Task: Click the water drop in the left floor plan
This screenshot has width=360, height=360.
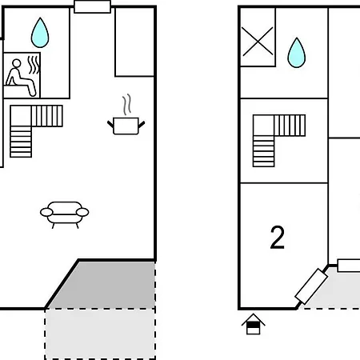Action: (40, 33)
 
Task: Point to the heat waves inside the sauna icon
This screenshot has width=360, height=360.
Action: (34, 65)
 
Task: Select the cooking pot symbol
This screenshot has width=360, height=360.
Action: (126, 126)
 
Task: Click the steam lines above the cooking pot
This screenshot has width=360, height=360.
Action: (127, 104)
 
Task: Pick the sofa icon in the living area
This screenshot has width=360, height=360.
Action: (65, 214)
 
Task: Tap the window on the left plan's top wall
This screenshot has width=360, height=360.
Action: (92, 6)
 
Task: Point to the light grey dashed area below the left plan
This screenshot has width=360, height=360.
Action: (100, 334)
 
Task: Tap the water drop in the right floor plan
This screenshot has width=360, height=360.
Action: (297, 53)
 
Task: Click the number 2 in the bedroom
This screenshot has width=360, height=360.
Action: (278, 238)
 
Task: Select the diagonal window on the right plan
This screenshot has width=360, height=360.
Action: (311, 286)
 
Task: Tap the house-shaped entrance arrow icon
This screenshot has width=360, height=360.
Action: (253, 324)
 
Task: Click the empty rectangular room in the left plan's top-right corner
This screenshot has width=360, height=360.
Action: (134, 42)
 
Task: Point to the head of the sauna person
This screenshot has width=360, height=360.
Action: (17, 63)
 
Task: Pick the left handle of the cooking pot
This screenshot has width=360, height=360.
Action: (110, 124)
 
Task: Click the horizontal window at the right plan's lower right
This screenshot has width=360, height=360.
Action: (349, 266)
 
